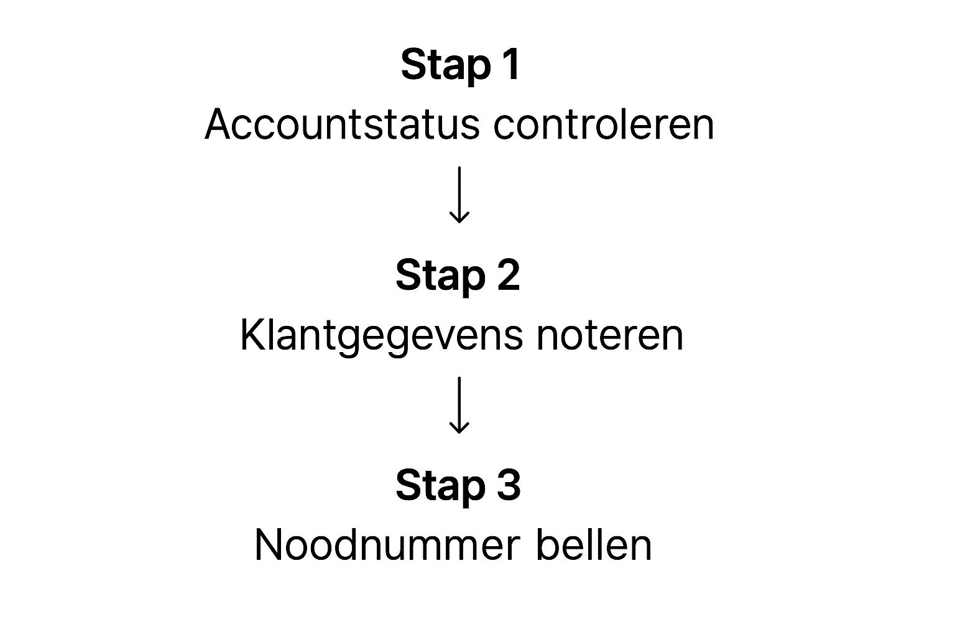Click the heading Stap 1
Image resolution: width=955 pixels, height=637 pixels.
pos(459,64)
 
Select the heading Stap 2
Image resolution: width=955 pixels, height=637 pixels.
pos(458,275)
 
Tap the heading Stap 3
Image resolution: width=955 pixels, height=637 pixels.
pos(458,485)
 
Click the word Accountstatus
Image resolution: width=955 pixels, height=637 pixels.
pos(342,124)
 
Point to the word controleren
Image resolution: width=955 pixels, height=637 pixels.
pos(604,124)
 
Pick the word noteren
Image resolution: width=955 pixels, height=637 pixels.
pos(609,335)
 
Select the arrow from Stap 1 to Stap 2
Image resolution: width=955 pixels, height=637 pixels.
pos(459,193)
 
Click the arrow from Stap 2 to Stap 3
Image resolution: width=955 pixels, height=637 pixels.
pos(459,404)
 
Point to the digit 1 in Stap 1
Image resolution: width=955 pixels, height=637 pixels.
pos(511,64)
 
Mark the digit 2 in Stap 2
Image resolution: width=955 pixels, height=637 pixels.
pos(508,275)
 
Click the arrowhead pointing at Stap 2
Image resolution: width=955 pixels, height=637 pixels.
pos(459,217)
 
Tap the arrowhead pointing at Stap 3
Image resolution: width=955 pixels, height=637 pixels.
pos(459,427)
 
